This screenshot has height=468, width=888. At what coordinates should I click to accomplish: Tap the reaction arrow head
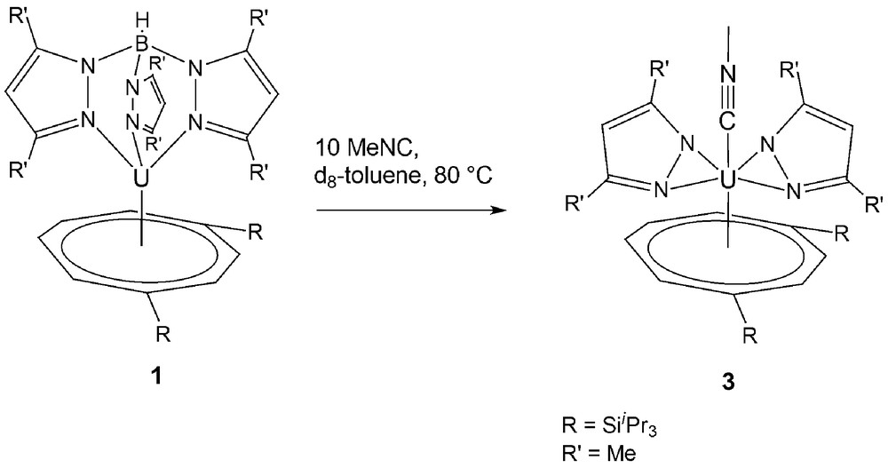497,210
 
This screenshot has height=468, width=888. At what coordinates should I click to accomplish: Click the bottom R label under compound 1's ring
163,334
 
